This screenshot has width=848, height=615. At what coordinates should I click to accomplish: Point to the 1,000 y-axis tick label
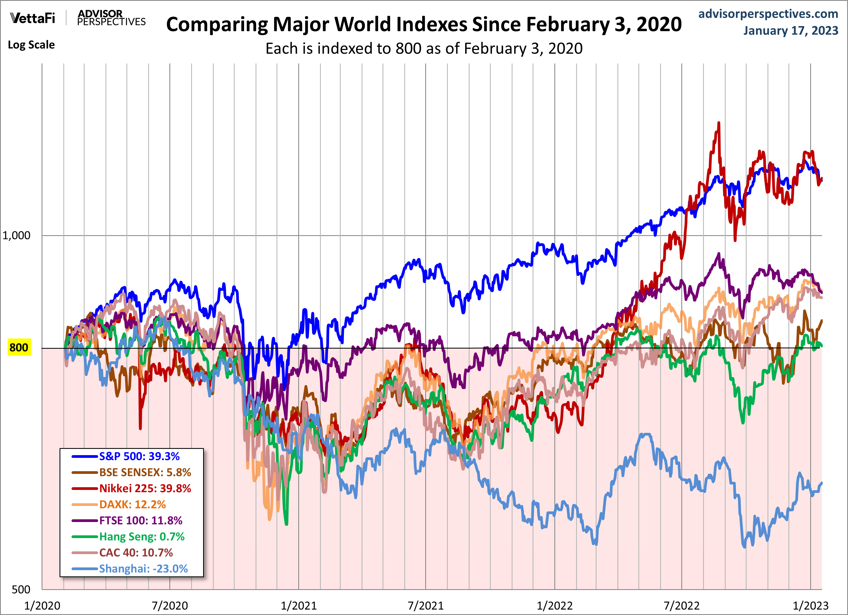pos(17,235)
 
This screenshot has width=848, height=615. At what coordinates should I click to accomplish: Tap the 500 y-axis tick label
pos(21,589)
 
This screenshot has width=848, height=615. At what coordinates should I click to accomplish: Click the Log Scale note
pos(32,45)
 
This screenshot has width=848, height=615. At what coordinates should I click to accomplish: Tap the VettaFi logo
pos(33,18)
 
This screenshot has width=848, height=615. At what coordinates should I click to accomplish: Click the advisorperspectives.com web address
pos(768,14)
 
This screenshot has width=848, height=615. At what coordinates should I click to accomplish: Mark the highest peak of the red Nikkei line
pos(719,123)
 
